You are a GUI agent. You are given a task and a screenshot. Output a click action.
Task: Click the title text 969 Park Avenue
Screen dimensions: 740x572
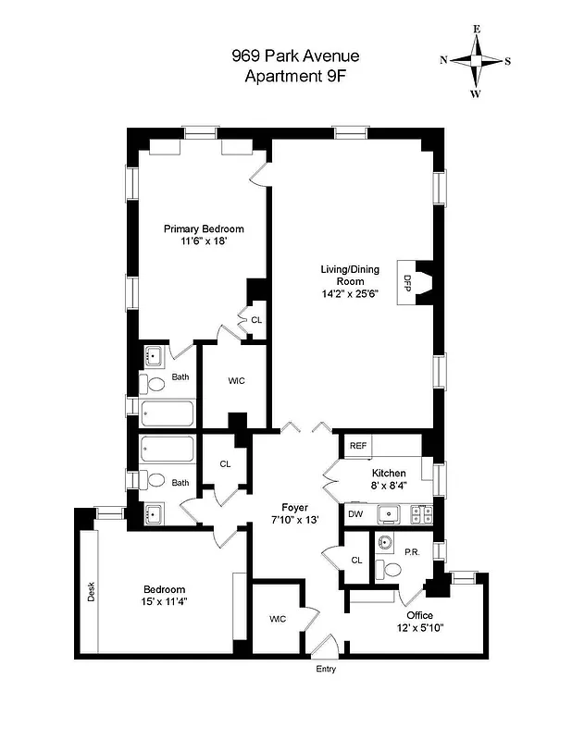[294, 56]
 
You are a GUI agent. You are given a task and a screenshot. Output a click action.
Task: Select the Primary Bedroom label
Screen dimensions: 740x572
[204, 229]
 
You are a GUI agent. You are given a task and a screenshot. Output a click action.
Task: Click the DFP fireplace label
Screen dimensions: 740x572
[405, 283]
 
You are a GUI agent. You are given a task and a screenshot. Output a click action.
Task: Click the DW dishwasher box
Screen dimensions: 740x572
[355, 513]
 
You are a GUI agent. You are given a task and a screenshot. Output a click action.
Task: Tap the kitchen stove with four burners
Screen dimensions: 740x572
[420, 512]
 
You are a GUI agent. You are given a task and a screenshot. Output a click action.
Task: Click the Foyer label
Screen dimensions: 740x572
[295, 507]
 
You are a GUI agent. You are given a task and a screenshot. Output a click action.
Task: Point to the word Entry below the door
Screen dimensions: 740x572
[325, 669]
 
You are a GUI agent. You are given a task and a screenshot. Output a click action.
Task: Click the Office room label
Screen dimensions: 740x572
[418, 615]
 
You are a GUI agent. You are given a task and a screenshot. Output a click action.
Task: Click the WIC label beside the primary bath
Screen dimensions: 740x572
[236, 381]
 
